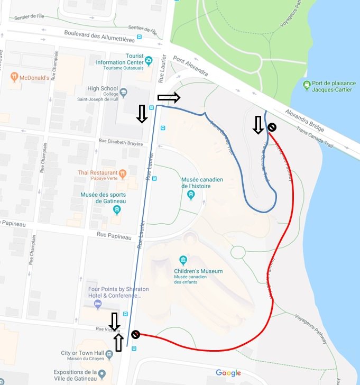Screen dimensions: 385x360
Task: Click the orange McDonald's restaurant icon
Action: [x=14, y=77]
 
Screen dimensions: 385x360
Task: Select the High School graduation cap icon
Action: [x=123, y=91]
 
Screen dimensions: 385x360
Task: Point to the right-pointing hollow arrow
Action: [x=169, y=97]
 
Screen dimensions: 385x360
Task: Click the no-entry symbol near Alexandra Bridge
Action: [x=272, y=127]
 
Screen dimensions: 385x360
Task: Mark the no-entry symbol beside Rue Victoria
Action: [x=135, y=334]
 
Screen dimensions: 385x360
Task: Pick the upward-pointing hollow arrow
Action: [x=118, y=343]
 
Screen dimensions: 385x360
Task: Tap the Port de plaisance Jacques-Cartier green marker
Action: [x=307, y=84]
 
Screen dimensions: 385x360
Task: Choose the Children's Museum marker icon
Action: [x=183, y=260]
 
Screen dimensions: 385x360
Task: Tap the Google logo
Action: [x=228, y=373]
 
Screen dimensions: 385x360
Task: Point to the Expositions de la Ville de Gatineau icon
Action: [x=102, y=375]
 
